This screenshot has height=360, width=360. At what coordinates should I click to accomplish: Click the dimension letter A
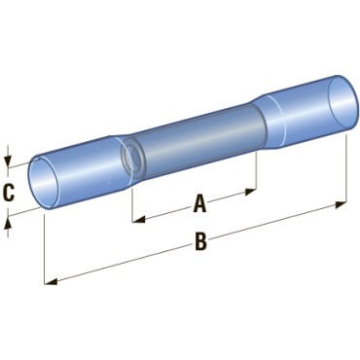(199, 203)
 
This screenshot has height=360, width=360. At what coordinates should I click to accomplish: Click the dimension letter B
(200, 241)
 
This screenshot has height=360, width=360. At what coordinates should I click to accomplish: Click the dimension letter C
(9, 193)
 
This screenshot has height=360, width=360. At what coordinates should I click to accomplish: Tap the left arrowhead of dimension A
(138, 220)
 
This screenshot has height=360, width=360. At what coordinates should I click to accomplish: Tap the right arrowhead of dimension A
(251, 192)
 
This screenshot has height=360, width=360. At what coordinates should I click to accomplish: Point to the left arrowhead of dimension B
(51, 281)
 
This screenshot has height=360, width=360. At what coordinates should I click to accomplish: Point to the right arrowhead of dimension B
(341, 205)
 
